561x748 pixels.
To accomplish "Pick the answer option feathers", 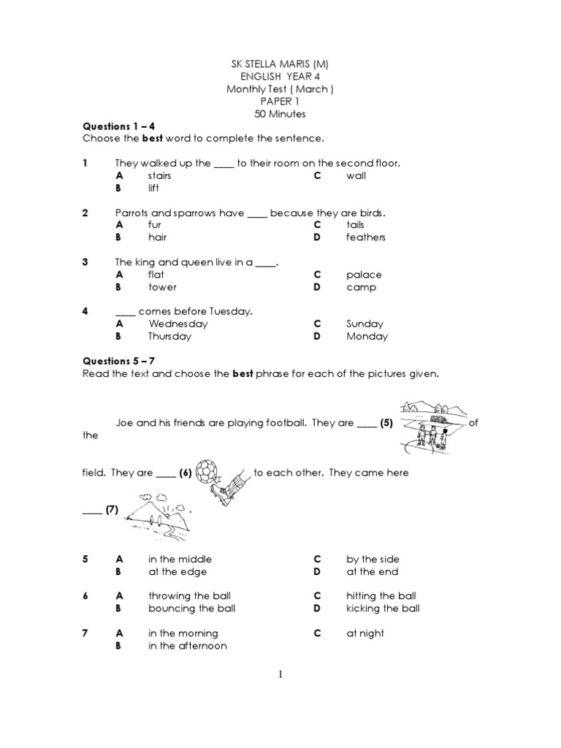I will click(365, 237).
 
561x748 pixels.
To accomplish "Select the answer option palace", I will click(364, 275).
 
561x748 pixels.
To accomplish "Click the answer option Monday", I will click(367, 337).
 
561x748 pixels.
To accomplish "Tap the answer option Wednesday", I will click(178, 324).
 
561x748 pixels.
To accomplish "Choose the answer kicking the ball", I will click(383, 608).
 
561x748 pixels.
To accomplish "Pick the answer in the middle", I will click(180, 559).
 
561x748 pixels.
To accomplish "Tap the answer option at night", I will click(365, 633).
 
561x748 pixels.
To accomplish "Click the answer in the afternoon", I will click(187, 646).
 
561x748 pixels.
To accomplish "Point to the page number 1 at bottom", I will click(280, 674).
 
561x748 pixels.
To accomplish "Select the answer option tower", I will click(162, 287).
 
